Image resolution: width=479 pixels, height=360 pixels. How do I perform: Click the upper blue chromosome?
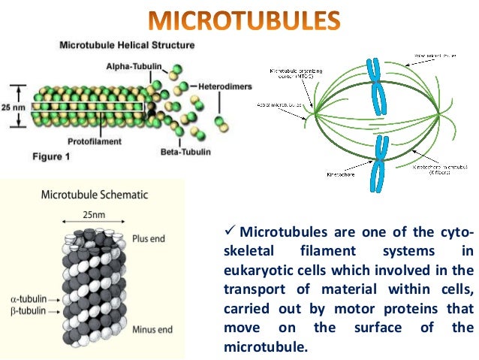[373, 81]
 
